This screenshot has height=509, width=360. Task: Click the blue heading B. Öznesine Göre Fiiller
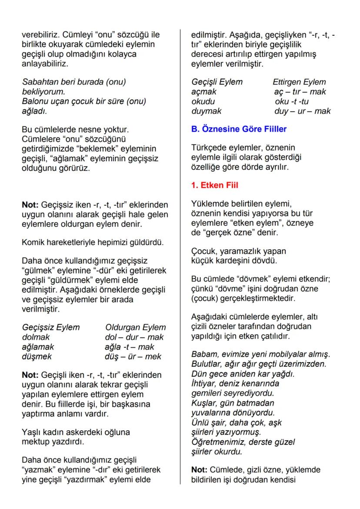click(239, 129)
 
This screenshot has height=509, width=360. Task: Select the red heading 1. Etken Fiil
click(214, 185)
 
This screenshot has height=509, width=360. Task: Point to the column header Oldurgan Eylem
click(135, 327)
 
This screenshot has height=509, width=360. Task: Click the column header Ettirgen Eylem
click(299, 82)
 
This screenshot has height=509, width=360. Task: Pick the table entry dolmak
click(36, 337)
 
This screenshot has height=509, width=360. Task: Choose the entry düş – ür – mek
click(133, 356)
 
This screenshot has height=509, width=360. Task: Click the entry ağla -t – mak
click(129, 347)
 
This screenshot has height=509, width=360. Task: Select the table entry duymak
click(206, 111)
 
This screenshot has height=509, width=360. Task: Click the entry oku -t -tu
click(292, 101)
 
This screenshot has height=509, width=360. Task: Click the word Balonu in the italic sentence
click(35, 101)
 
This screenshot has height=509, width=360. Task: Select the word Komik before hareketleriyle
click(32, 242)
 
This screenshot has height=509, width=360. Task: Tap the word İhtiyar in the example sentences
click(204, 384)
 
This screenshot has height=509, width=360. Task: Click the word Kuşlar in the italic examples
click(203, 403)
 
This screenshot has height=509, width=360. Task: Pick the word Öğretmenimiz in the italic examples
click(217, 442)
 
